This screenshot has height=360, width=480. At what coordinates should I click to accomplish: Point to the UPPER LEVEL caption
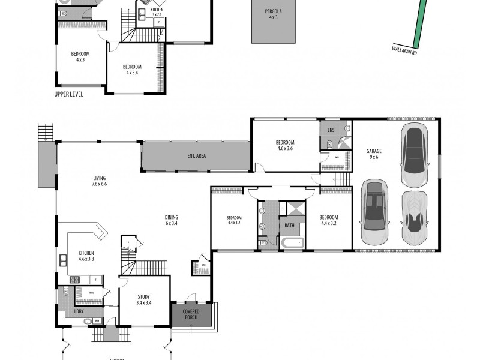pos(68,95)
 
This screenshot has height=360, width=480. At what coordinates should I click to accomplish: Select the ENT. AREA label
pos(196,157)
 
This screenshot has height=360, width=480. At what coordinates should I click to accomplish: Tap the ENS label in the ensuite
pos(331,130)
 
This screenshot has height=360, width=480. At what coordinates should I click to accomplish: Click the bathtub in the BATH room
pos(292,243)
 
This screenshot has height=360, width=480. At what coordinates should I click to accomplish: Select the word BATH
pos(289,226)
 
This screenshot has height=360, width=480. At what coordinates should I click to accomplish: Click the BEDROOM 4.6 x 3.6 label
pos(285,145)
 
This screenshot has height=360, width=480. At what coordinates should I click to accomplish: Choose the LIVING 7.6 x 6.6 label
pos(99,181)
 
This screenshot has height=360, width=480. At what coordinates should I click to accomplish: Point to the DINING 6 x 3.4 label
pos(172,220)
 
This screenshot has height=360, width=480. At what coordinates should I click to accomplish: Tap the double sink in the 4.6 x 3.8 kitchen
pos(63,260)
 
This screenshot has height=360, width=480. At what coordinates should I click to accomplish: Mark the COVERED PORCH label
pos(191,314)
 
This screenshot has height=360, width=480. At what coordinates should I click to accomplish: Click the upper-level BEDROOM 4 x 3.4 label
pos(132,70)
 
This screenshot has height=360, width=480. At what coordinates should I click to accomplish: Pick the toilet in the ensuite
pos(331,143)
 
